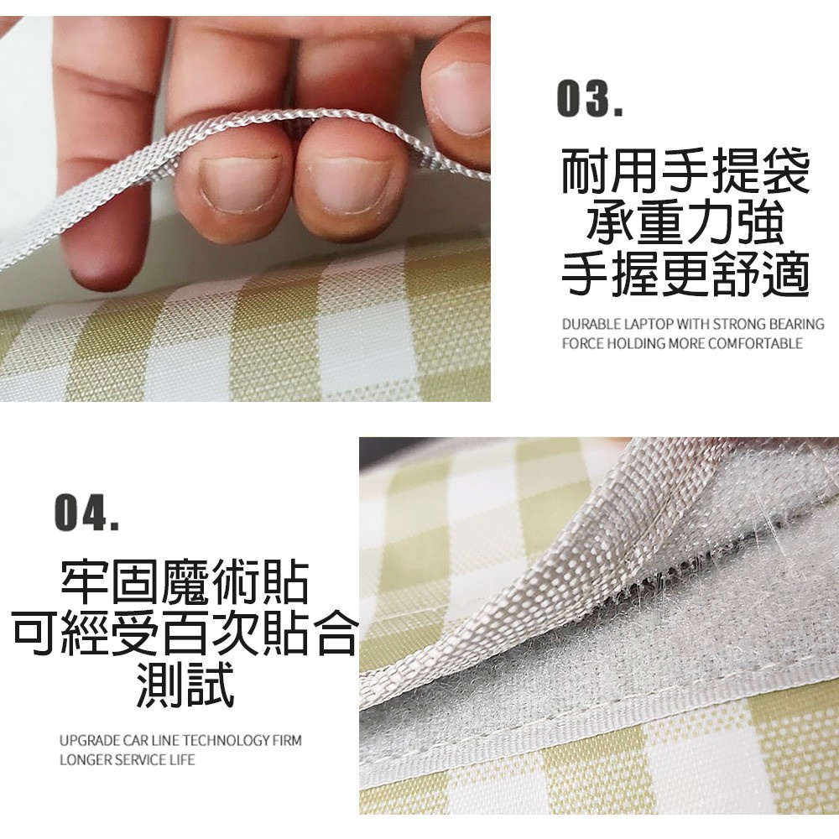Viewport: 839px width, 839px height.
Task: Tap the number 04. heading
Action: pyautogui.click(x=86, y=513)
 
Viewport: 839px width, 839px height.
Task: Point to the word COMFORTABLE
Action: pyautogui.click(x=756, y=343)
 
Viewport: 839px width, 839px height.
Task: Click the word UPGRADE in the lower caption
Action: pyautogui.click(x=90, y=741)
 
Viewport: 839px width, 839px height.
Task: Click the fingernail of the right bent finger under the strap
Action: pyautogui.click(x=351, y=185)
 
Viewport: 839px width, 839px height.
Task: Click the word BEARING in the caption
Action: pyautogui.click(x=796, y=324)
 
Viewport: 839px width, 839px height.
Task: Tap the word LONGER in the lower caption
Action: pyautogui.click(x=85, y=759)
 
